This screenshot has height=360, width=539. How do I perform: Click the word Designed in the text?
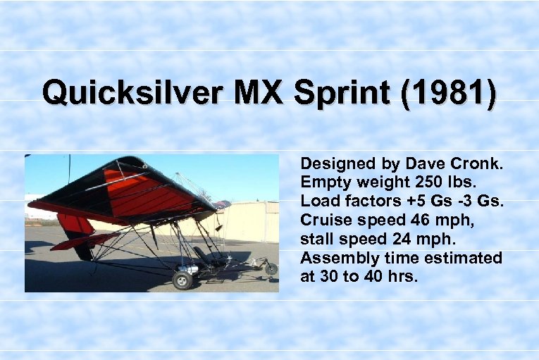pyautogui.click(x=338, y=164)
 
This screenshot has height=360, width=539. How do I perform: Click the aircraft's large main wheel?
pyautogui.click(x=183, y=279)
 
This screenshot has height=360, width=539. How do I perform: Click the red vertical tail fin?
pyautogui.click(x=74, y=225)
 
